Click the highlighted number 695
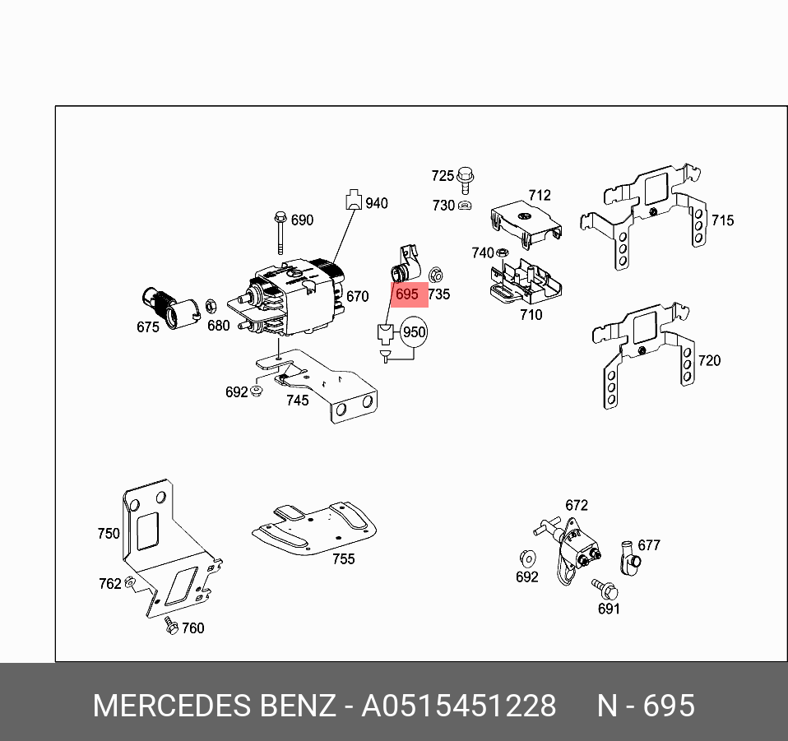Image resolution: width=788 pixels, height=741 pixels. pos(407,294)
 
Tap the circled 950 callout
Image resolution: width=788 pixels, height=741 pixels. pos(414,332)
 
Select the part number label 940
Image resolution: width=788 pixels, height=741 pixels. pos(377,203)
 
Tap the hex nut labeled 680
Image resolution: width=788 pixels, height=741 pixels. pos(210,306)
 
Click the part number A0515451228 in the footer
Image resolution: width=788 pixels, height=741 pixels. pos(459,706)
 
